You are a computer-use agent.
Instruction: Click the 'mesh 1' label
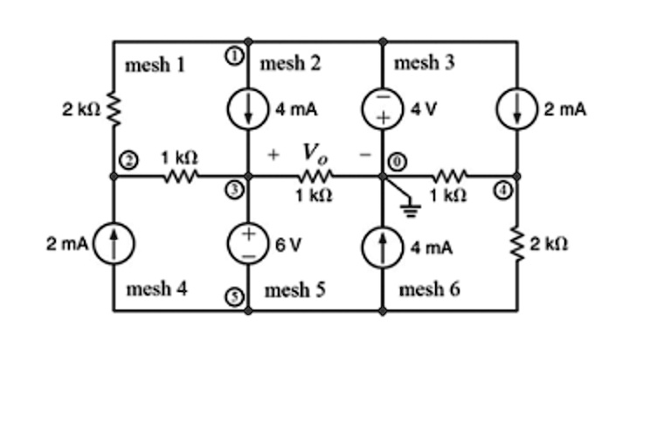(155, 64)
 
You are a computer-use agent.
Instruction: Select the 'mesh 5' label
(294, 289)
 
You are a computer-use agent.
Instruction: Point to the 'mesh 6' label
(429, 289)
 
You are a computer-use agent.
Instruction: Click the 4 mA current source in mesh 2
(247, 109)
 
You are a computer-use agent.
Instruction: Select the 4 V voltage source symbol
(383, 109)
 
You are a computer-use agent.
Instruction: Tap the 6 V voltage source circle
(247, 243)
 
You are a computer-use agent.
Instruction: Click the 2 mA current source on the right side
(516, 109)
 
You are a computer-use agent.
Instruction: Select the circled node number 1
(234, 55)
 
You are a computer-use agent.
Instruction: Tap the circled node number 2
(128, 160)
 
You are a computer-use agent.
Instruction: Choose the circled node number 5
(234, 296)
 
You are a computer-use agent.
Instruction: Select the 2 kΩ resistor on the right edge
(516, 243)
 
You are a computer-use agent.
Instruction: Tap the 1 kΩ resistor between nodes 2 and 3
(181, 176)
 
